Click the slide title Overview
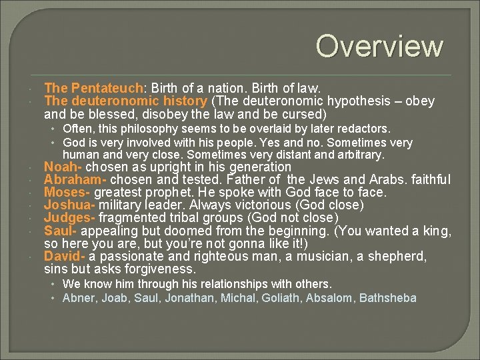click(379, 46)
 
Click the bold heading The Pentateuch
click(93, 88)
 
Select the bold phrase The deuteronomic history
click(125, 101)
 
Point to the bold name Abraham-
click(75, 180)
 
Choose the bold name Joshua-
click(69, 205)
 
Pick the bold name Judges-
click(69, 218)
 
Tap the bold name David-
click(64, 256)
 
